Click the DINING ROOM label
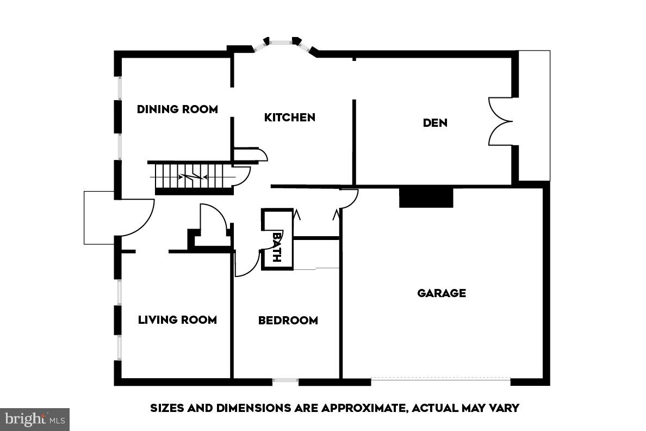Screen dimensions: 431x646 (x=177, y=109)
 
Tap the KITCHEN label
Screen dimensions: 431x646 (x=289, y=117)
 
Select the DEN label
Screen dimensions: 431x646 (x=435, y=122)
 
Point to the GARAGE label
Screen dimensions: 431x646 (x=442, y=293)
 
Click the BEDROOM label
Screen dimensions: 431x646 (x=288, y=320)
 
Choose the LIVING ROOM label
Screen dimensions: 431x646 (x=177, y=319)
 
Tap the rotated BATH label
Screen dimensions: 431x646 (x=277, y=247)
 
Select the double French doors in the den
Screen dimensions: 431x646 (x=500, y=121)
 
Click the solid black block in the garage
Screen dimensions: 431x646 (x=426, y=197)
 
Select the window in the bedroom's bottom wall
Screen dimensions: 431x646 (x=285, y=380)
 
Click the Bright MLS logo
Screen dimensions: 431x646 (x=35, y=419)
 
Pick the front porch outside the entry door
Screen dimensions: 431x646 (x=98, y=218)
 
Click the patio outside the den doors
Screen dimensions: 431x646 (x=533, y=115)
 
